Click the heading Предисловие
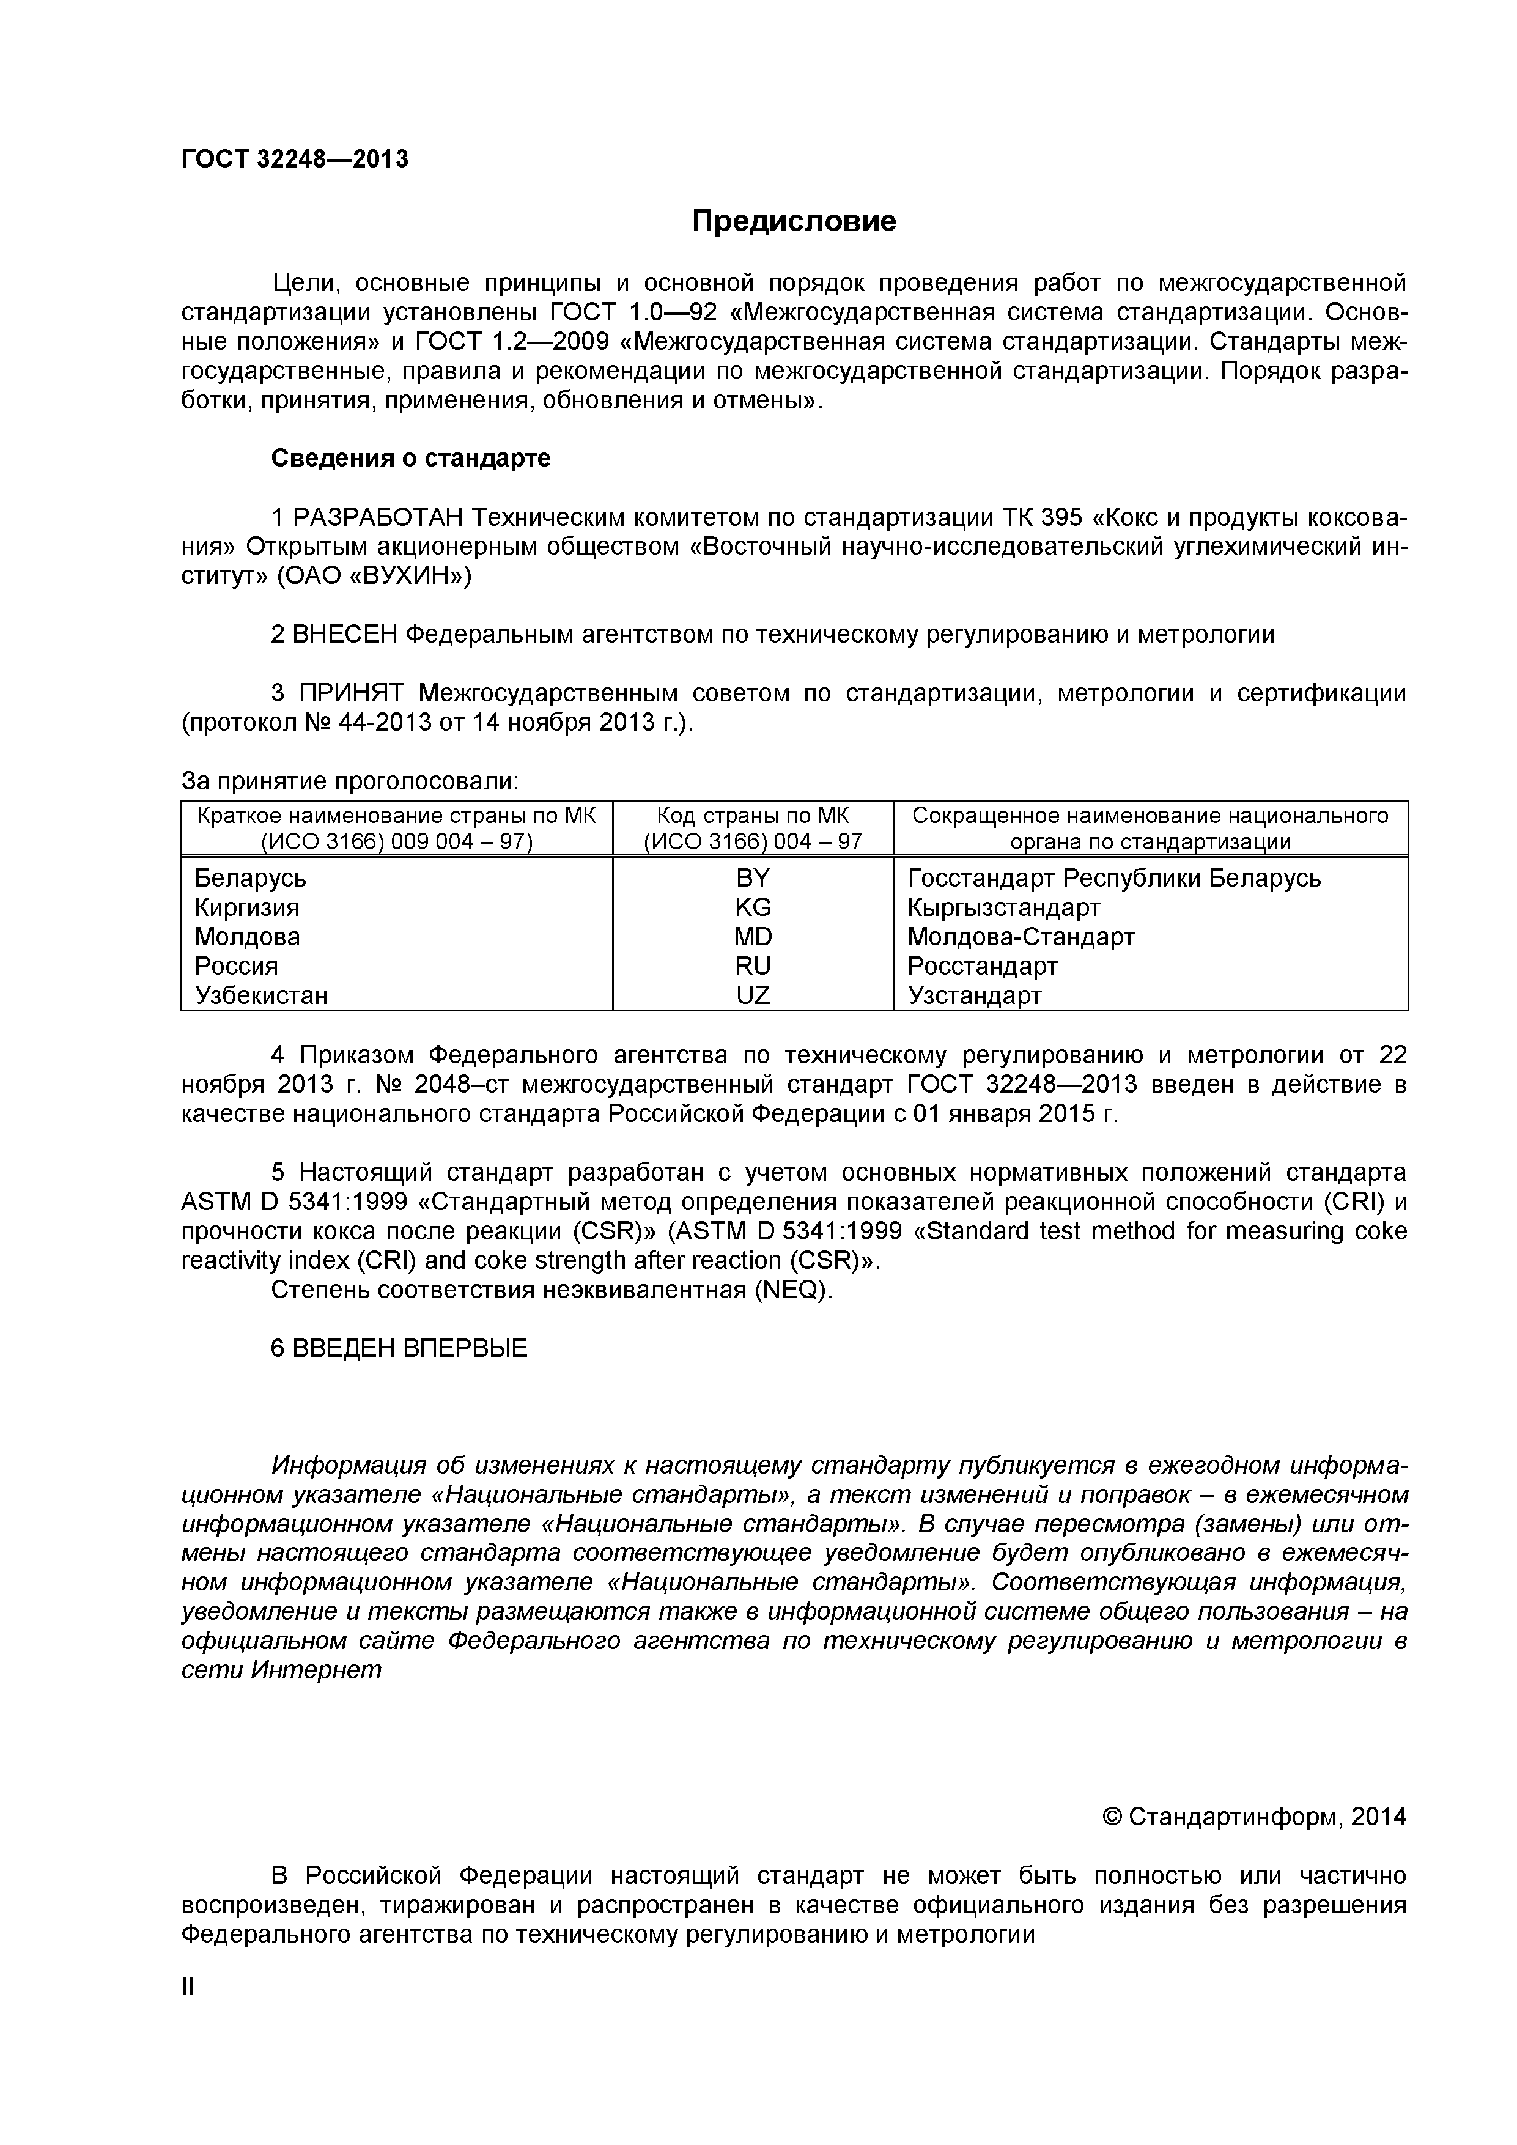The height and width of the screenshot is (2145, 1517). coord(793,221)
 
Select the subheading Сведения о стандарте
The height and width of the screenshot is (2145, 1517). coord(410,459)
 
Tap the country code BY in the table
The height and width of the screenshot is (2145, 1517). coord(752,878)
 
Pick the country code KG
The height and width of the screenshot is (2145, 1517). coord(752,907)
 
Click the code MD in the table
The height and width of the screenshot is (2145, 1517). coord(752,936)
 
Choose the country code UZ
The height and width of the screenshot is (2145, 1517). coord(752,995)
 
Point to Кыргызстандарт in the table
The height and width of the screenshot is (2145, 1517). coord(1003,907)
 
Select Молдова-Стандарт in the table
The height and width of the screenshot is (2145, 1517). coord(1020,936)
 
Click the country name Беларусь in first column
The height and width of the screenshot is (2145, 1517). coord(249,878)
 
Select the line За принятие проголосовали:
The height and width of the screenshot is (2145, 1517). coord(349,781)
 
